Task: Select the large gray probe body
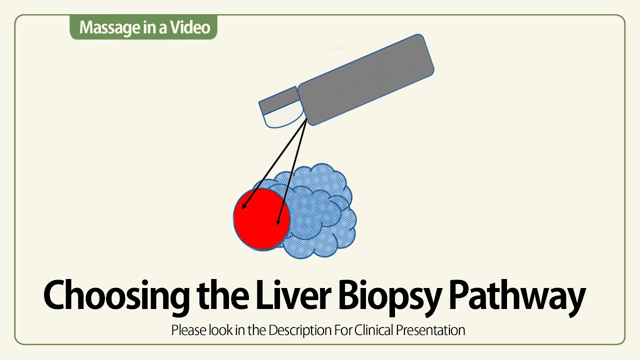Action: coord(365,80)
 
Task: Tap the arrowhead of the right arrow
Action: coord(278,221)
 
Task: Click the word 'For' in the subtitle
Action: coord(342,330)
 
